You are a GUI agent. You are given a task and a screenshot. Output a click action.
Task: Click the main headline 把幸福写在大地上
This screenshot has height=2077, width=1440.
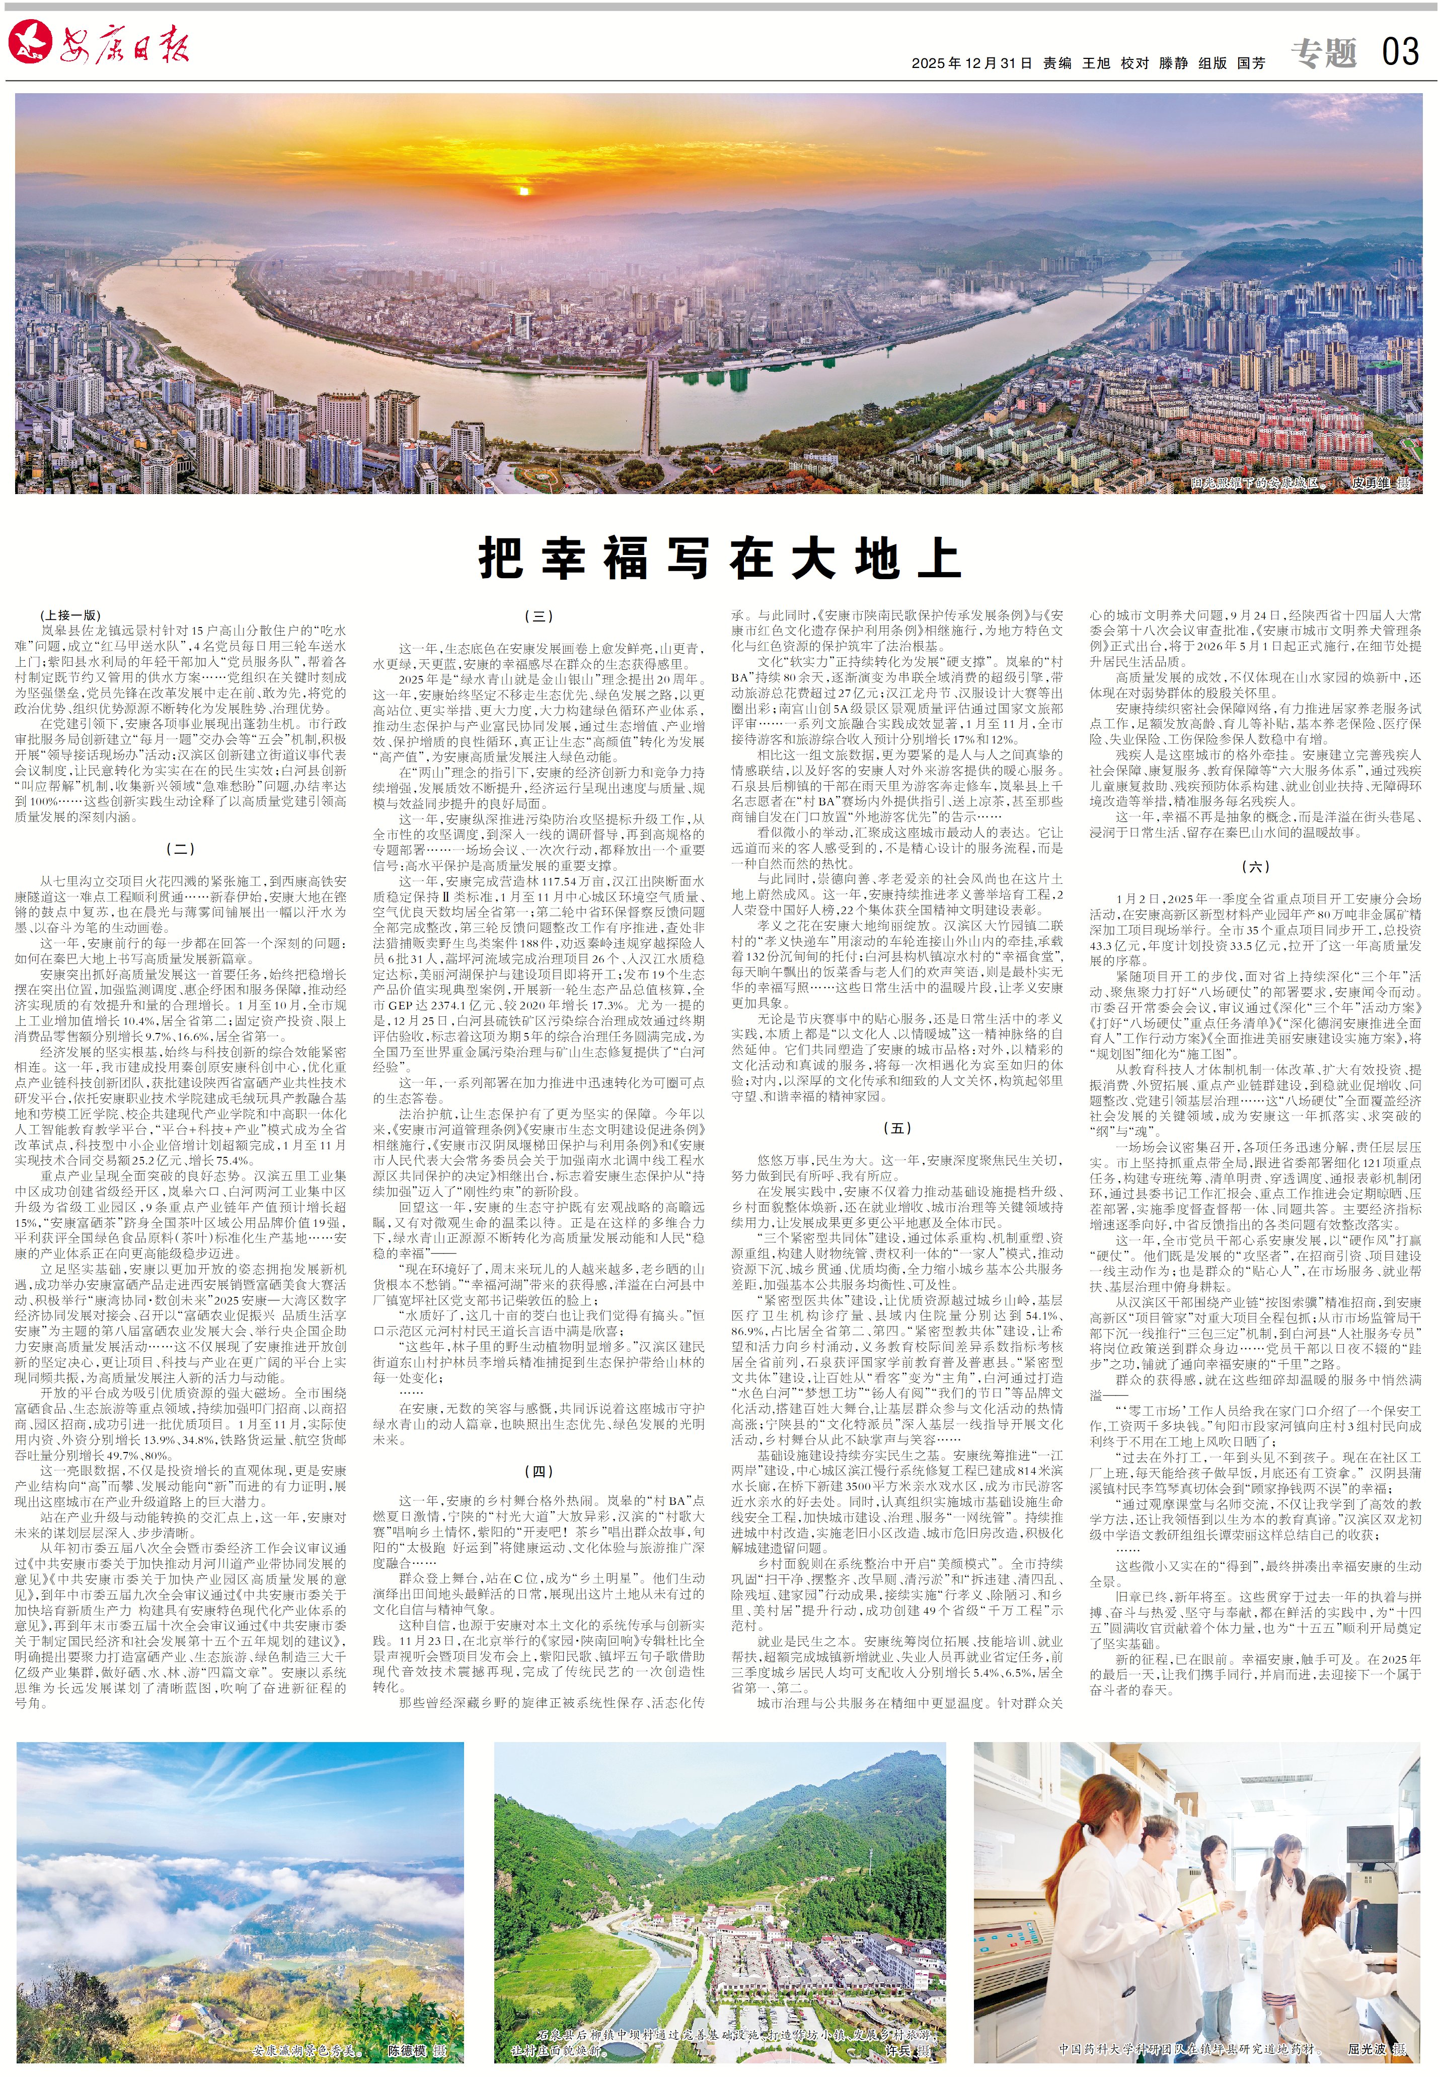(719, 559)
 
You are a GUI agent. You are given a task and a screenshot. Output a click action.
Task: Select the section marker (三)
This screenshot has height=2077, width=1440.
(539, 616)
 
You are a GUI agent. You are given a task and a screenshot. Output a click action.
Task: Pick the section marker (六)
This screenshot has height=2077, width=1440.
(1255, 866)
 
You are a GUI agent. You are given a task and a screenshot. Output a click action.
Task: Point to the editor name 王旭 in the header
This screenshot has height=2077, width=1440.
(1096, 63)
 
